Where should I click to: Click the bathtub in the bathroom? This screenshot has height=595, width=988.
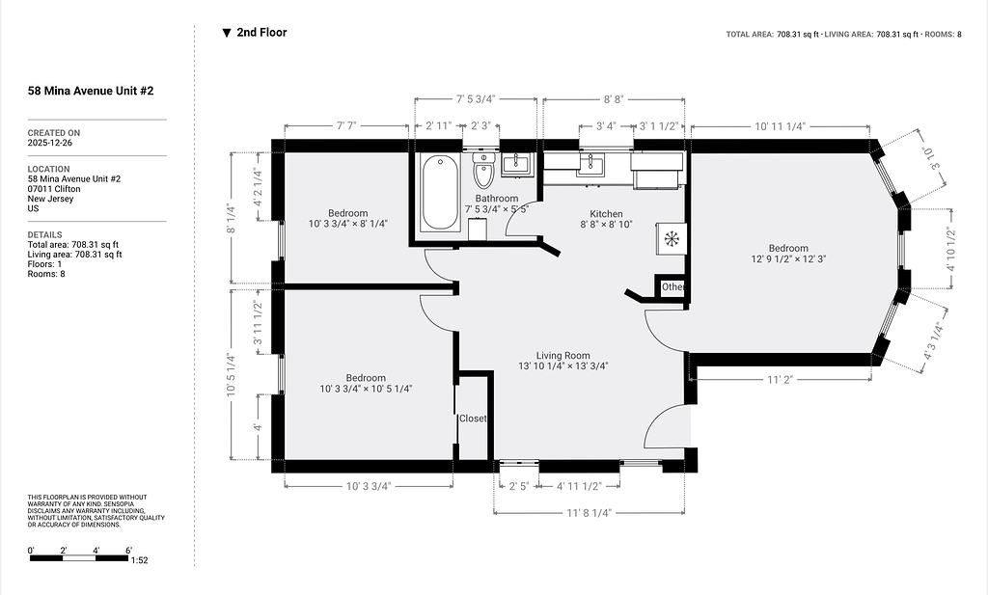(440, 193)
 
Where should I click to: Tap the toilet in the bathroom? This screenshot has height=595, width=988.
(484, 170)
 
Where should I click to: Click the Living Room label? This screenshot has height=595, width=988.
(563, 356)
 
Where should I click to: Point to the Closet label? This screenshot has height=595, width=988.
(473, 419)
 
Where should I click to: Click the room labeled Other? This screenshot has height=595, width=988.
(672, 287)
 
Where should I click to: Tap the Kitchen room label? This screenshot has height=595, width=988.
(606, 214)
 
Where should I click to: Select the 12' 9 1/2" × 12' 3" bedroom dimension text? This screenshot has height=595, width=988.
(788, 258)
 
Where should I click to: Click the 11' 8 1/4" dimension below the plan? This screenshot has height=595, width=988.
(590, 513)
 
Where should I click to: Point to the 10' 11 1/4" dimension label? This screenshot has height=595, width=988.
(780, 126)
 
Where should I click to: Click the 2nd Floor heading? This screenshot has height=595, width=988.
(261, 33)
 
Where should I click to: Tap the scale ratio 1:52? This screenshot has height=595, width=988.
(139, 560)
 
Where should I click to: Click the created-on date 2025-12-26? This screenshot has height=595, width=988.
(50, 143)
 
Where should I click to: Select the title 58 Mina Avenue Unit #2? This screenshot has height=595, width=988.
(91, 91)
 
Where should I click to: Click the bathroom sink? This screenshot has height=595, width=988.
(518, 164)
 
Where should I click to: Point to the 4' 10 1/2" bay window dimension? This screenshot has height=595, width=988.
(950, 250)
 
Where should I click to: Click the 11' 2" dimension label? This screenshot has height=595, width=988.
(780, 380)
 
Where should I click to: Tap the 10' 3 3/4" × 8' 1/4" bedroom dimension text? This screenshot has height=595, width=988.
(347, 224)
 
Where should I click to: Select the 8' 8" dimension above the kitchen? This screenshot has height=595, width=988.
(614, 99)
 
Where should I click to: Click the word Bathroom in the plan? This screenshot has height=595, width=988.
(497, 199)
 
